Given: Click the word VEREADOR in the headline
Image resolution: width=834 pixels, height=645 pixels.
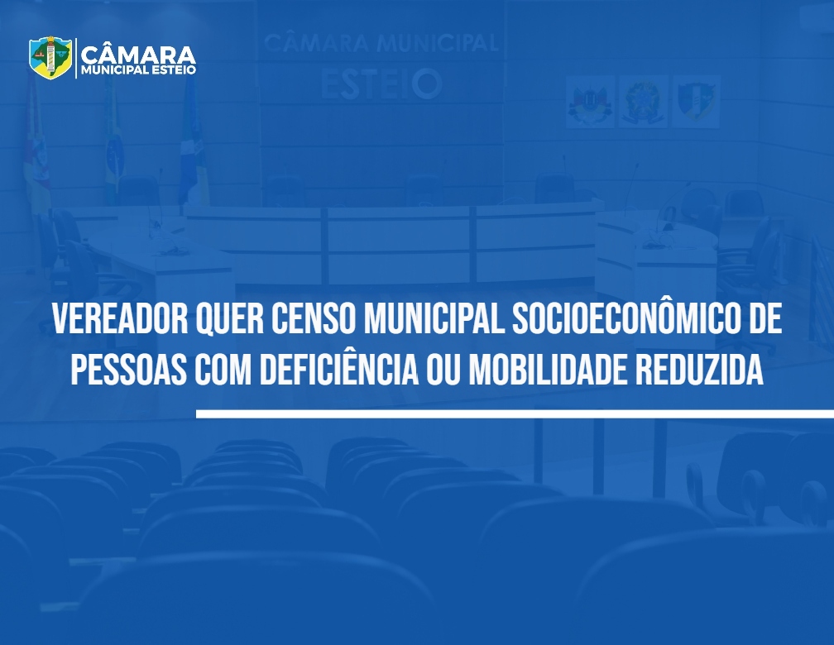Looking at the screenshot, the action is [x=120, y=318].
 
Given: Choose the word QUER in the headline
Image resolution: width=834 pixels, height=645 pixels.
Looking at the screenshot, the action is [x=230, y=319].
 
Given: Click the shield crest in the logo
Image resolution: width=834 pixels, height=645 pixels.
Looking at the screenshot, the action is [x=50, y=57].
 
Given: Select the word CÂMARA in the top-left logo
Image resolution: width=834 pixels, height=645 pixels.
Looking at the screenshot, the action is [x=138, y=55].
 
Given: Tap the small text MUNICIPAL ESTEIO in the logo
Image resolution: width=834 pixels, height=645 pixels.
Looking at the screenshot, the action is [x=138, y=70].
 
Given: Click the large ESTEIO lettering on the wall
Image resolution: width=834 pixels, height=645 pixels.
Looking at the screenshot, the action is [x=381, y=84].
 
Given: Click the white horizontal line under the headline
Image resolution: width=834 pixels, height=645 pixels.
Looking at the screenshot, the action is [x=515, y=413].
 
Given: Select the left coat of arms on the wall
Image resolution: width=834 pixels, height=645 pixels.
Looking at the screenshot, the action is [x=590, y=101].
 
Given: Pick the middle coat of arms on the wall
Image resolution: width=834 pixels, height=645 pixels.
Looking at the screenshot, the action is [x=643, y=101].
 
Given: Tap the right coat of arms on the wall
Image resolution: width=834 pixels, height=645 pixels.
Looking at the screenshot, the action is [x=697, y=101].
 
